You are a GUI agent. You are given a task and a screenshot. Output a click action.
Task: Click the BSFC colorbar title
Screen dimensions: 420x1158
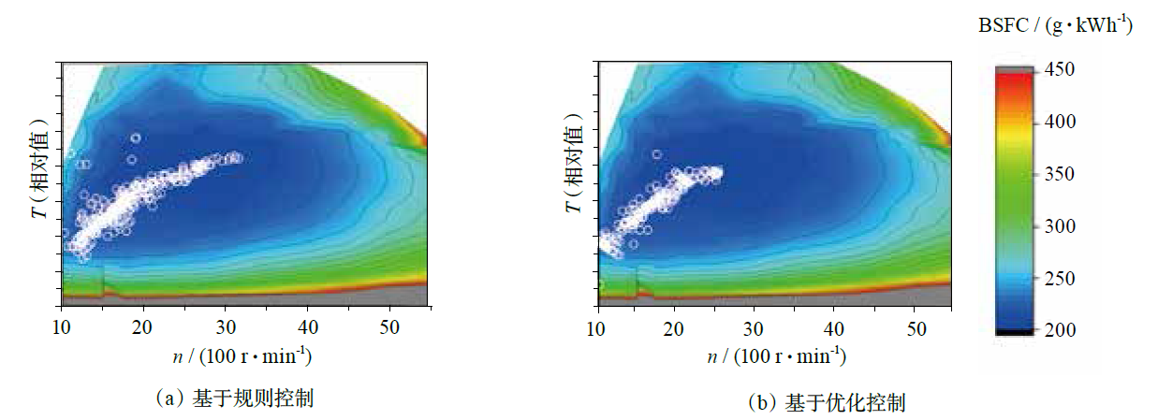(x=1055, y=26)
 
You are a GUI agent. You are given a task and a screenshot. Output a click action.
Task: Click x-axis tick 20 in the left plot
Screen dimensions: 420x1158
(x=142, y=326)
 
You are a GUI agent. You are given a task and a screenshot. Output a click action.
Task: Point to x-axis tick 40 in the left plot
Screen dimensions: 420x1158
(x=308, y=326)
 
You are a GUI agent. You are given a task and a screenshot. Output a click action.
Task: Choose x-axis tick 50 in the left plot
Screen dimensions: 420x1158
(x=389, y=326)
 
